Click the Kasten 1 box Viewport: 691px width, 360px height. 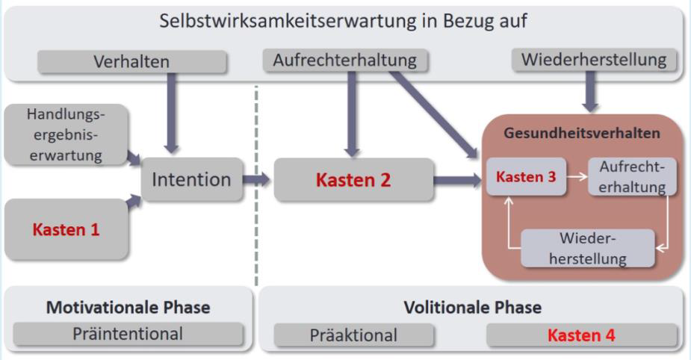tap(66, 229)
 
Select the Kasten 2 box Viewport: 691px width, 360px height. tap(353, 180)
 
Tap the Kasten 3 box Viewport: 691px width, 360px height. tap(526, 177)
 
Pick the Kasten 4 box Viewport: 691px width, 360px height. tap(581, 335)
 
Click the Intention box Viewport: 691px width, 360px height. tap(192, 179)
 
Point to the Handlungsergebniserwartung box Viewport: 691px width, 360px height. tap(66, 135)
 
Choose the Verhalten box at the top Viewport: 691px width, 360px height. tap(131, 62)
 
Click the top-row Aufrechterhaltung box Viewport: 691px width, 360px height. tap(344, 60)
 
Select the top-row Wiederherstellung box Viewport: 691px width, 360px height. tap(594, 60)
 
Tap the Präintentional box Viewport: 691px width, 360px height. tap(128, 334)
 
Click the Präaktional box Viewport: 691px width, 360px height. tap(353, 335)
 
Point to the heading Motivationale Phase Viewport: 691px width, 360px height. tap(128, 308)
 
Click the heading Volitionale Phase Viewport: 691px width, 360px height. tap(473, 308)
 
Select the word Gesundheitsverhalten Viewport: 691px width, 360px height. tap(582, 133)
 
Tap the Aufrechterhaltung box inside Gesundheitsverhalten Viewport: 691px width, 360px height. tap(632, 177)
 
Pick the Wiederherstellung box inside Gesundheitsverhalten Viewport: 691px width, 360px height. tap(587, 248)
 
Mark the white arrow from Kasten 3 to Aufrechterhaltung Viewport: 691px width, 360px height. tap(577, 177)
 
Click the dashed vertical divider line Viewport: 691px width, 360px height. tap(256, 186)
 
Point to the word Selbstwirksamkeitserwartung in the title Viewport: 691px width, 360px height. tap(288, 21)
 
